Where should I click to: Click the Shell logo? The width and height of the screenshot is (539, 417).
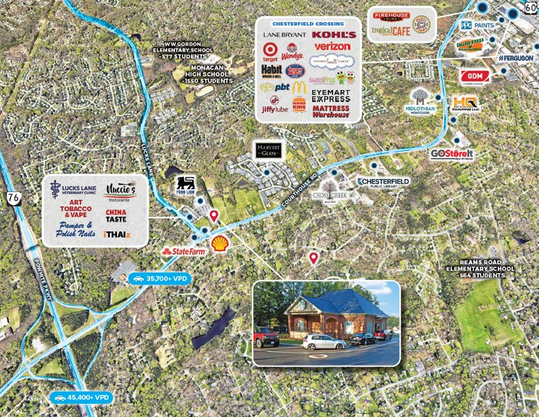(x=220, y=243)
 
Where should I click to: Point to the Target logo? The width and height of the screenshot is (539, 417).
(x=269, y=52)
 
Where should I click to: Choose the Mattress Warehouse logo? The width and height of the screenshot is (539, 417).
(x=330, y=111)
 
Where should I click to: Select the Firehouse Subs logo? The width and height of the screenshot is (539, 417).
(x=391, y=16)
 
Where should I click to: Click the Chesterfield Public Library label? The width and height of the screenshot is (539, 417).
(x=383, y=183)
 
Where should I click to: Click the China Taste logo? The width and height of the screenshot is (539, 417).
(x=116, y=216)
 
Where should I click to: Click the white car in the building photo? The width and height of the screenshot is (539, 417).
(x=324, y=343)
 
